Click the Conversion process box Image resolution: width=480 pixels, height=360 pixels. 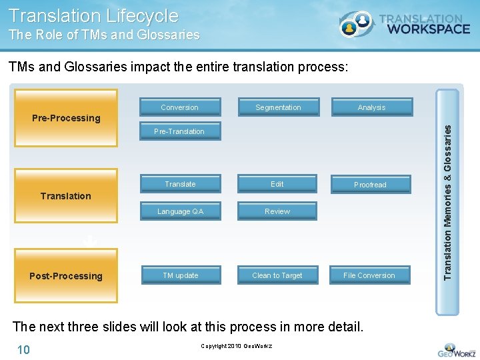click(x=179, y=107)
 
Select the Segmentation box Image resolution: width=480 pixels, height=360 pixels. click(x=278, y=107)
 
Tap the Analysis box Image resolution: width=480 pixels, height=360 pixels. click(x=371, y=107)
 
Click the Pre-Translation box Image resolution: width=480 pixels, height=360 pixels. click(x=179, y=131)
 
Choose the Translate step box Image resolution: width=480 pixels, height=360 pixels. click(x=180, y=184)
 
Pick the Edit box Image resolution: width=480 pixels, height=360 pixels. click(x=277, y=184)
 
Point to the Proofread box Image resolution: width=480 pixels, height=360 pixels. click(x=370, y=185)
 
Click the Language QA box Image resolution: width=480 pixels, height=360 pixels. click(x=180, y=211)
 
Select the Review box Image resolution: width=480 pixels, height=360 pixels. click(x=277, y=211)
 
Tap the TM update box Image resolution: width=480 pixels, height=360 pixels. click(x=181, y=275)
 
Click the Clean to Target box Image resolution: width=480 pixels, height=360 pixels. click(x=277, y=275)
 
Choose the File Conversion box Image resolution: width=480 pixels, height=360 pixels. click(x=369, y=275)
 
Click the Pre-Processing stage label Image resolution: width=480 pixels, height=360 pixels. click(x=66, y=118)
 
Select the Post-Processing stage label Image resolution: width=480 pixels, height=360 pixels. click(x=66, y=276)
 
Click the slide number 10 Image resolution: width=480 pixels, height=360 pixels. click(x=23, y=349)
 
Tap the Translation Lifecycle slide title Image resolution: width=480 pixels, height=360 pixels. click(x=94, y=15)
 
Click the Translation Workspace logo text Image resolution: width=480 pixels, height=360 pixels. click(x=423, y=25)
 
